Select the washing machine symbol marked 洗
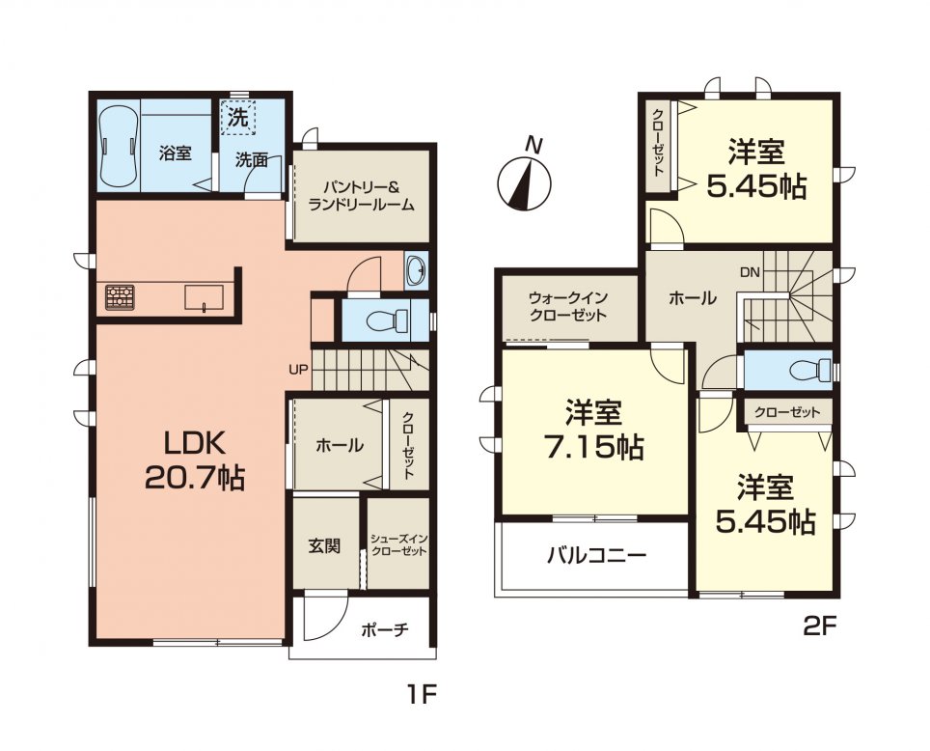pyautogui.click(x=238, y=119)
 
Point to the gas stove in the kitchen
pyautogui.click(x=121, y=297)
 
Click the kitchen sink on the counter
pyautogui.click(x=205, y=297)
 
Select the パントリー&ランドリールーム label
pyautogui.click(x=361, y=196)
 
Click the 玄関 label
pyautogui.click(x=324, y=545)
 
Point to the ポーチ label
pyautogui.click(x=385, y=630)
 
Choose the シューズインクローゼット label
pyautogui.click(x=398, y=545)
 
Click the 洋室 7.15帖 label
pyautogui.click(x=592, y=431)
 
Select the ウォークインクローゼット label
pyautogui.click(x=567, y=307)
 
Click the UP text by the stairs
pyautogui.click(x=298, y=369)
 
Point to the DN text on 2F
pyautogui.click(x=750, y=273)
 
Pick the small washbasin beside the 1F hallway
pyautogui.click(x=417, y=271)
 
